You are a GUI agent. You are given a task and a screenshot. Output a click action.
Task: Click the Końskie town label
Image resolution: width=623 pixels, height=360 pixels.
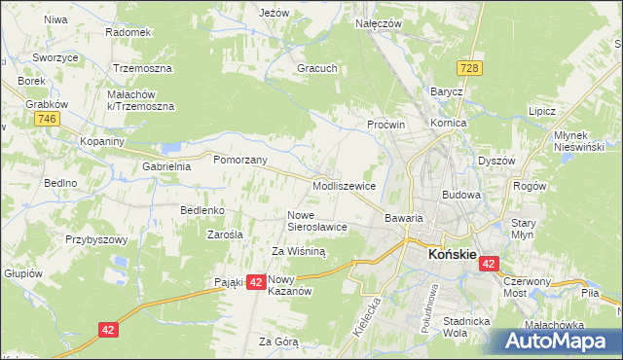click(x=453, y=254)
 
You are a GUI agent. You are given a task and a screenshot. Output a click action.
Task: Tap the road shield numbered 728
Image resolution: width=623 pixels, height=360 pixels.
click(x=471, y=67)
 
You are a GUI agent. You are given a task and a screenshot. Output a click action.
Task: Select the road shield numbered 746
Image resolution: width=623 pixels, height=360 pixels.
click(x=45, y=119)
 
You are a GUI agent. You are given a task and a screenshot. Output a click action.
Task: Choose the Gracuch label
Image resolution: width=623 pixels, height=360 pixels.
click(x=317, y=69)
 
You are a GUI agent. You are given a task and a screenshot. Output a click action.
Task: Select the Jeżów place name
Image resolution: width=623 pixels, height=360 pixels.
click(x=275, y=13)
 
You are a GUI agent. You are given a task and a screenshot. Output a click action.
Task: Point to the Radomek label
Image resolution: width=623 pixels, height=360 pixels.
click(x=129, y=31)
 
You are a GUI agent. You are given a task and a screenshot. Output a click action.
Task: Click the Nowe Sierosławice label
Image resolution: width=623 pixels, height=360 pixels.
click(x=316, y=220)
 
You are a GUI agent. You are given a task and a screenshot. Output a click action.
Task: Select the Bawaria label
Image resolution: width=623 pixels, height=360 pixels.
click(x=403, y=218)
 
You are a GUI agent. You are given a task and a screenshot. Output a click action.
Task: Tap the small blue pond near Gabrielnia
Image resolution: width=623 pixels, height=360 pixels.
click(x=171, y=149)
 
